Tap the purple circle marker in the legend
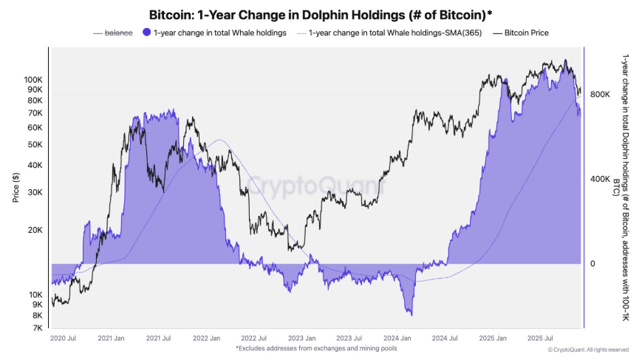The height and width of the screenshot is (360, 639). (146, 33)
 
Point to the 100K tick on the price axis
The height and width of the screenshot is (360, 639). (33, 78)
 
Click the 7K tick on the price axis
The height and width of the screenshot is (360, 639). (38, 327)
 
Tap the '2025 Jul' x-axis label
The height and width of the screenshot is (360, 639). (539, 338)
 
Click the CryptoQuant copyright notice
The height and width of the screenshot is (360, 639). (590, 350)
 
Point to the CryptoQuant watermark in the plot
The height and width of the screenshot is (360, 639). (315, 184)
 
